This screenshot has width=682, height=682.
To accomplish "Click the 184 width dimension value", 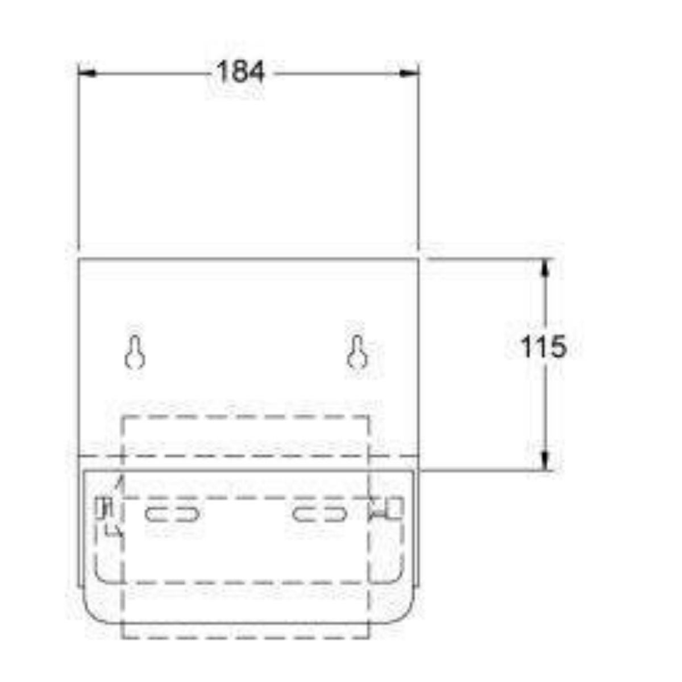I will (240, 73).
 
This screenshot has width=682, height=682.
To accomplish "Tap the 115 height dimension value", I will (544, 347).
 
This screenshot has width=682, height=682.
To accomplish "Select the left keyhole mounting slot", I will (135, 353).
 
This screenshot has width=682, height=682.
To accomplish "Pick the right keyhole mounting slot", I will (357, 353).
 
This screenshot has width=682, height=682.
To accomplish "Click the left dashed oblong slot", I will (172, 514).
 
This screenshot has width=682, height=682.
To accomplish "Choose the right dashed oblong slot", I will (321, 514).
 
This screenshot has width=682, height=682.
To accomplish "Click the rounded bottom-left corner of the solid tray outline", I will (94, 614).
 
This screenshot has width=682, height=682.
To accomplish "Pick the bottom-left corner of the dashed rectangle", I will (123, 637).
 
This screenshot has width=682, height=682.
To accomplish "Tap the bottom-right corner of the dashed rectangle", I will (369, 637).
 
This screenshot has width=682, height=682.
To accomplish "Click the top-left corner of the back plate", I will (78, 259).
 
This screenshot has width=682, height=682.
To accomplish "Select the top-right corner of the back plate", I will (418, 259).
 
